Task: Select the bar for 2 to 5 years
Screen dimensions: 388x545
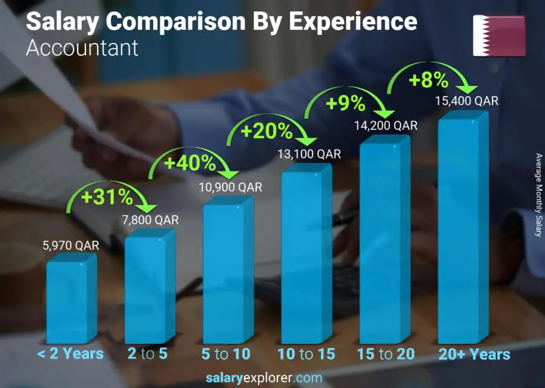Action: pos(148,289)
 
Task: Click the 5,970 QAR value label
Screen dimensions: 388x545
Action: pos(71,246)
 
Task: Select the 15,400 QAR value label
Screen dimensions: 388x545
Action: pos(467,101)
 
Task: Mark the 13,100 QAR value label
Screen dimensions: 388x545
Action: pos(309,154)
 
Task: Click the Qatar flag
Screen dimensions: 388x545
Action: pos(499,36)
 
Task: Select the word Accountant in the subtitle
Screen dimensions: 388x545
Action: pos(82,48)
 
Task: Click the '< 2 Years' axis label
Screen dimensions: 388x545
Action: pos(70,353)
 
